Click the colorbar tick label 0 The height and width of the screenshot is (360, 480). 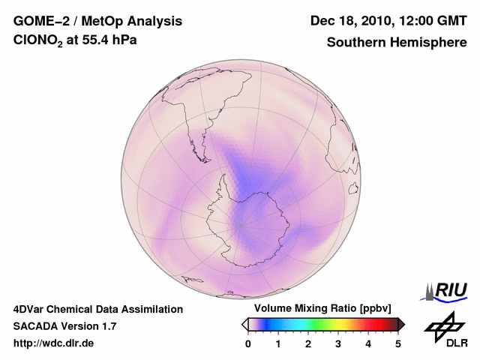248,343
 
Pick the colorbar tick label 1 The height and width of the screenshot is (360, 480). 278,343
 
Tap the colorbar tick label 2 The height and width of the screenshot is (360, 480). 308,343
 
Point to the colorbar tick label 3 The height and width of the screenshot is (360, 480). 338,343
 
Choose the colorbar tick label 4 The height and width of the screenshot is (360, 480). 368,343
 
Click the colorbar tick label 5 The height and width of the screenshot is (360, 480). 398,343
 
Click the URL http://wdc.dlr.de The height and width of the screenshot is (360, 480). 54,343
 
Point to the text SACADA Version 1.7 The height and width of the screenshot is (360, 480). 64,326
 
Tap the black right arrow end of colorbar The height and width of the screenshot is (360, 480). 401,324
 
